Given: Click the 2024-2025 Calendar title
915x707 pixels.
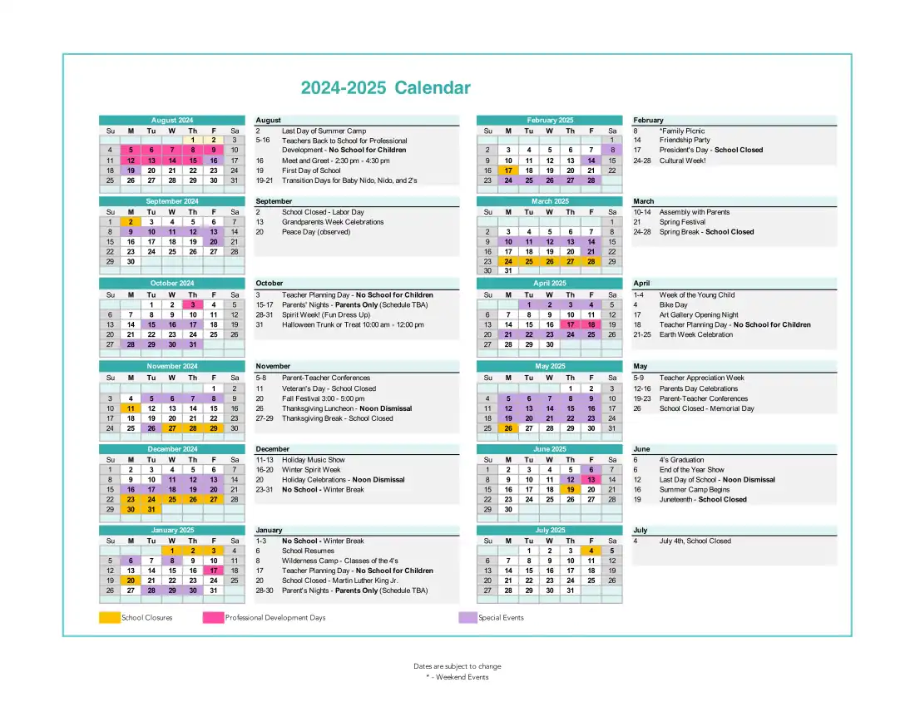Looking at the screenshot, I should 385,88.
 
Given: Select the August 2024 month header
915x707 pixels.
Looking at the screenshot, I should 172,121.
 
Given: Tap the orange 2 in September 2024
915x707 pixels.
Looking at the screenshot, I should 131,222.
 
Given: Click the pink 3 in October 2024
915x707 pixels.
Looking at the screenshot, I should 193,304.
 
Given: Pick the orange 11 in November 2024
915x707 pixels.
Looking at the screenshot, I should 131,408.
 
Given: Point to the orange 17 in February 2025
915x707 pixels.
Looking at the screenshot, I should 507,171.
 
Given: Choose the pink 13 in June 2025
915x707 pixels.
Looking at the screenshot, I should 591,480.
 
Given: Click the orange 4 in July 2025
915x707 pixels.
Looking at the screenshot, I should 591,551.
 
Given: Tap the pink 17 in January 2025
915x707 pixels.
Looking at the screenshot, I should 214,571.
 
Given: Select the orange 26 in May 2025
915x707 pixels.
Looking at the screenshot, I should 507,428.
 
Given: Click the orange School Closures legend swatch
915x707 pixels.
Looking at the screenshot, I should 110,617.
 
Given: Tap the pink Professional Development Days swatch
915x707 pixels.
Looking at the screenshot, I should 213,617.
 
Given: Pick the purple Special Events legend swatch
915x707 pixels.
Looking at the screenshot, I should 467,617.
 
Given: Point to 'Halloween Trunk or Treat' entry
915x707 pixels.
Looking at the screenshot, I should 353,324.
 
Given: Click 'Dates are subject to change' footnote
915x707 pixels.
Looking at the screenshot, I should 457,666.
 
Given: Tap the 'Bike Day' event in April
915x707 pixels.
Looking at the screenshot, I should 673,304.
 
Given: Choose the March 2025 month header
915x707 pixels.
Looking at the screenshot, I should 550,201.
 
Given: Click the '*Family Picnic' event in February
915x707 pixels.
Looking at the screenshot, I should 682,131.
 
